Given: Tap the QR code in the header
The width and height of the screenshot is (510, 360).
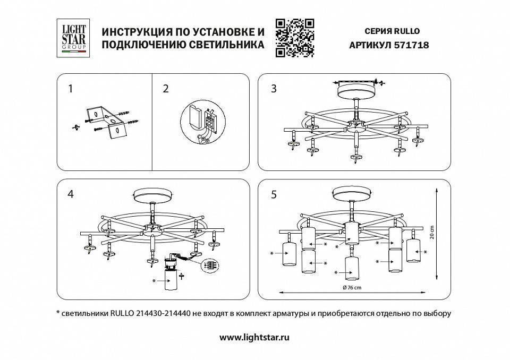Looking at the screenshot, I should coord(295,37).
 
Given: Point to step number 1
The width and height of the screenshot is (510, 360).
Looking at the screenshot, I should coord(70,89).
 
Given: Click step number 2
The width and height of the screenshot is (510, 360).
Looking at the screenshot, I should coord(166,89).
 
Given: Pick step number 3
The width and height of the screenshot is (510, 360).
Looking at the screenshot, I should coord(274,89).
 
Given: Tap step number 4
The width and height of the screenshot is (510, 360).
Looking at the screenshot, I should coord(70,194).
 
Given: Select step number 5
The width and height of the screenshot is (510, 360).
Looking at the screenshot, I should coord(274,194).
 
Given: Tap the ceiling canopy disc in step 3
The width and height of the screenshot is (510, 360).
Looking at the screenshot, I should coord(356,90).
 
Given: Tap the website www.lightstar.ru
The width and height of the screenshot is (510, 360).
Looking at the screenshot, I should coord(254,337).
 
